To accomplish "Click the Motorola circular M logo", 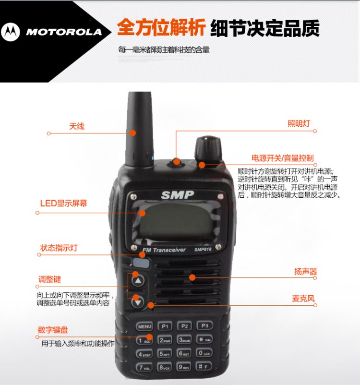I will point(11,32).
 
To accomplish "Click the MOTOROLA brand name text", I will point(64,32).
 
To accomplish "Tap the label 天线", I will point(77,126).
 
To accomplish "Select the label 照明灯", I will point(299,123).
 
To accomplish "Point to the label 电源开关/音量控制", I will point(283,158).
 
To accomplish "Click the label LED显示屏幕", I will point(63,203).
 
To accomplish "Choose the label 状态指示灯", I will point(59,248).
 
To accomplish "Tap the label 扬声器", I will point(305,272).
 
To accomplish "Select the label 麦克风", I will point(303,298).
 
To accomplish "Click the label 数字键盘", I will point(53,330).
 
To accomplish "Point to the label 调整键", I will point(50,279).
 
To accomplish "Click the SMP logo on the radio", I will point(177,195).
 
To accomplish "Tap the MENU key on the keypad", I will point(144,326).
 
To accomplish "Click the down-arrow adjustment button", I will point(138,301).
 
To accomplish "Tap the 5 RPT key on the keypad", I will point(164,354).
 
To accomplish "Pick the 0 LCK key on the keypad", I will point(204,354).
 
